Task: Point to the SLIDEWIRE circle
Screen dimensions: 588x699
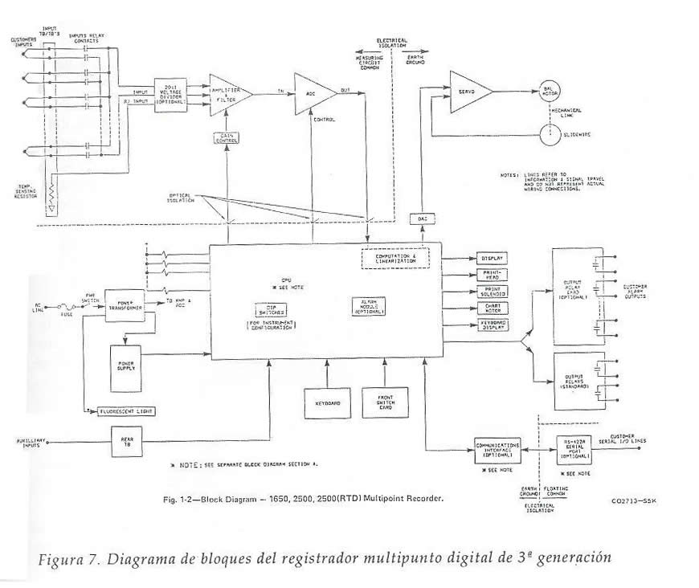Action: click(x=550, y=134)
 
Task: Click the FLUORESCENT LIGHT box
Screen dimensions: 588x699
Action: click(x=125, y=410)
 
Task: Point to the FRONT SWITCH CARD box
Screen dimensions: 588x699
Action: click(x=382, y=404)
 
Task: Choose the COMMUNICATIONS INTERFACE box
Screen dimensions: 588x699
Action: click(x=497, y=448)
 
